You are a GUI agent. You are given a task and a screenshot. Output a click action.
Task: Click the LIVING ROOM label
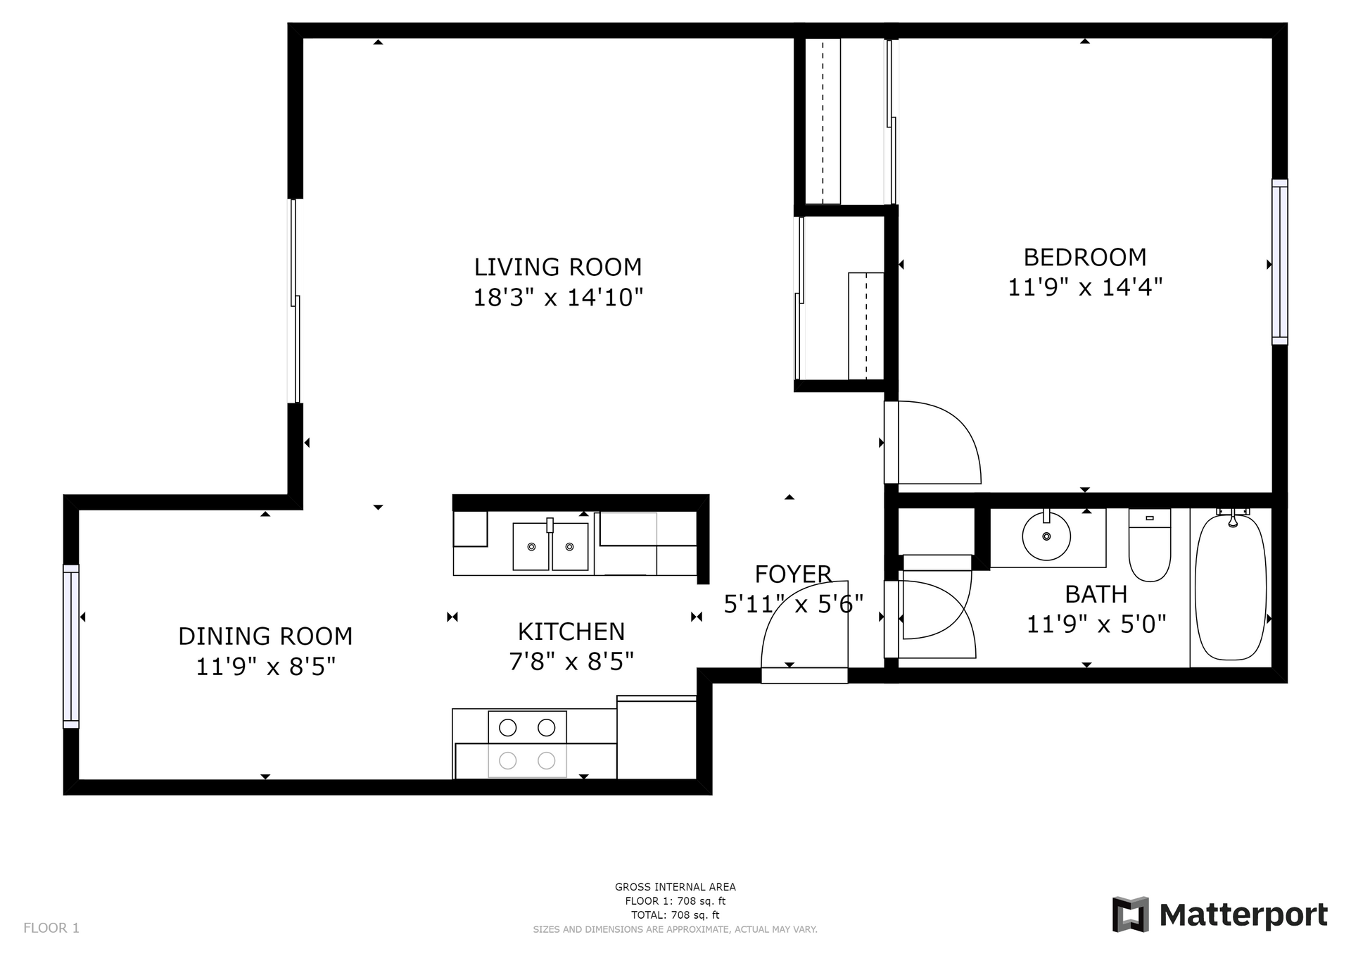(558, 268)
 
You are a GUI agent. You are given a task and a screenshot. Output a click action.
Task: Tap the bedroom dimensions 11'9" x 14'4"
(1085, 287)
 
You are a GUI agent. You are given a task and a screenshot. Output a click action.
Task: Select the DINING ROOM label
(265, 636)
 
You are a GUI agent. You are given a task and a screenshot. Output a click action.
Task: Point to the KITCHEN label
(571, 631)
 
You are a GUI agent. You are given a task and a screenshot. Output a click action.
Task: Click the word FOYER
(793, 574)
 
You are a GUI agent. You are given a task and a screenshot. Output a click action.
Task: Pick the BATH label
(1096, 595)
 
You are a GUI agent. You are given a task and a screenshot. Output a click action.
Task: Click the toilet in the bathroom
(1150, 545)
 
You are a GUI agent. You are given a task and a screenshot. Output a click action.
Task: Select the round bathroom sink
(1046, 536)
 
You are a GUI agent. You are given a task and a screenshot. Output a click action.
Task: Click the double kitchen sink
(550, 546)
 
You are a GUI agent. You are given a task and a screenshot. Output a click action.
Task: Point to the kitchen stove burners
(527, 744)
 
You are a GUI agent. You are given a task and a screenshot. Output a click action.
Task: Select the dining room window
(71, 646)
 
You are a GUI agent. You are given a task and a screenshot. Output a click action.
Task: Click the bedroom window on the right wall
(1280, 262)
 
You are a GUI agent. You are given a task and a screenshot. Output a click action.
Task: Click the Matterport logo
(1219, 914)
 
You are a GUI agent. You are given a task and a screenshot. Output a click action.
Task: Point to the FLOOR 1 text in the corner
(51, 928)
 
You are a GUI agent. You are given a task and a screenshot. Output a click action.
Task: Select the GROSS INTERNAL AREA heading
(675, 887)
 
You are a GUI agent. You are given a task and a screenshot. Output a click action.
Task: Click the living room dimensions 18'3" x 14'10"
(558, 298)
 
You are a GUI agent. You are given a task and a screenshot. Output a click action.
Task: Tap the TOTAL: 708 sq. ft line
(675, 915)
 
